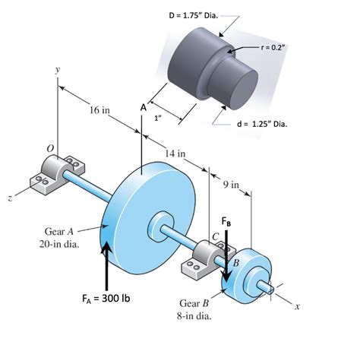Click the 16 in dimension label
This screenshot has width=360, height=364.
click(x=99, y=111)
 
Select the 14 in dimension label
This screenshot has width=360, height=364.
click(x=177, y=154)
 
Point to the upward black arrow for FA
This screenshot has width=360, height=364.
click(x=107, y=263)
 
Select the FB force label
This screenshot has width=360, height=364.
click(x=227, y=221)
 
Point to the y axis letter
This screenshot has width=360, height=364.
click(x=58, y=69)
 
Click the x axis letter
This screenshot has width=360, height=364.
click(x=298, y=308)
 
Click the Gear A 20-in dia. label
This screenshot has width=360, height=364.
click(x=60, y=238)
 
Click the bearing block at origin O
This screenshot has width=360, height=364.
click(x=55, y=171)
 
